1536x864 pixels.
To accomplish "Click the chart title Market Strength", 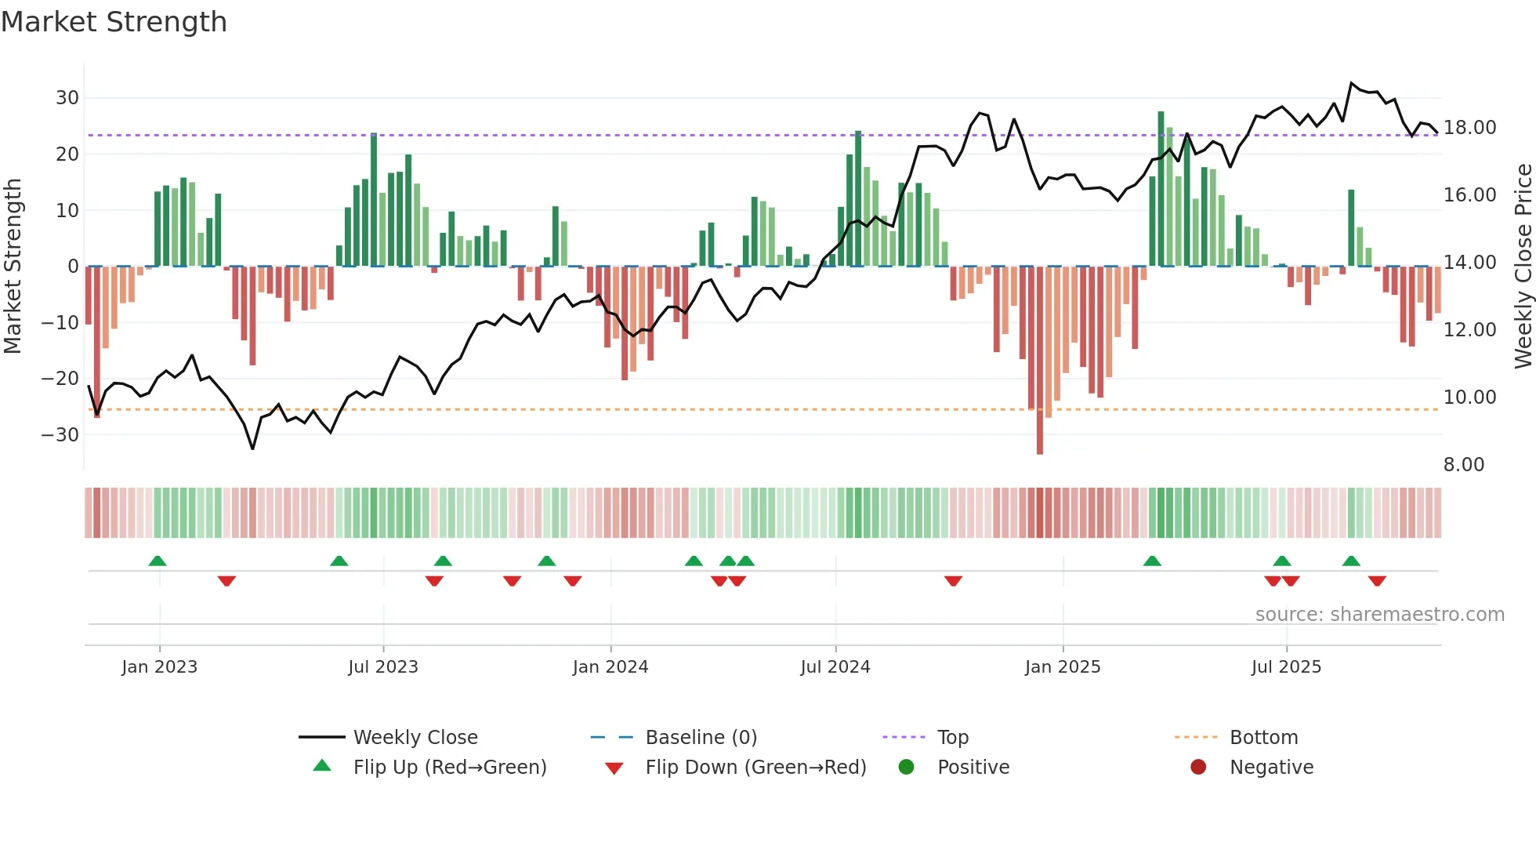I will [114, 22].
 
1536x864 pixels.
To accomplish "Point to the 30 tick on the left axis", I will [67, 98].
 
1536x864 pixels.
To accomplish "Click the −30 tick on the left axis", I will [60, 434].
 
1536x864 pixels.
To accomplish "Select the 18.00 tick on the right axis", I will [1469, 128].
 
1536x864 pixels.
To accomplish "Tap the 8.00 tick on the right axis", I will [1464, 465].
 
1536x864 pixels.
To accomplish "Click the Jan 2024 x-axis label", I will [610, 667].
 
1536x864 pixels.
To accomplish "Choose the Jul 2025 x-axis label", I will [1286, 667].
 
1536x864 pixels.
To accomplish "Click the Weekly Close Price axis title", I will [1523, 267].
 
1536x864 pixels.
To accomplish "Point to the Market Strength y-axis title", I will [13, 267].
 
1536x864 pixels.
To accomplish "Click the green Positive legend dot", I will [907, 768].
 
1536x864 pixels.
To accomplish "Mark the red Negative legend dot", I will [1198, 768].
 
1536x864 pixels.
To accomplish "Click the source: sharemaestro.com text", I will [1379, 615].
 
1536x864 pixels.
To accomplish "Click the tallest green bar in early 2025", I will [1161, 188].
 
